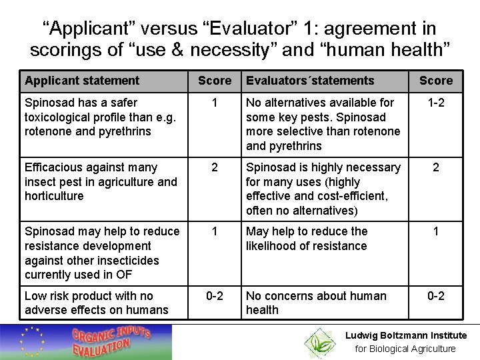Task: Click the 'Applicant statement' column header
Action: coord(82,81)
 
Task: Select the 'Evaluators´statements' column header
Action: coord(310,81)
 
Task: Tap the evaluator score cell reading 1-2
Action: coord(435,103)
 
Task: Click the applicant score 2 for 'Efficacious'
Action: coord(214,168)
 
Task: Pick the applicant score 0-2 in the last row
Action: coord(214,296)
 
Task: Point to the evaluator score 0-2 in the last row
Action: coord(435,296)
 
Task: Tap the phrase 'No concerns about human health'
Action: coord(315,303)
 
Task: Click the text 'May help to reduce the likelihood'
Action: coord(306,238)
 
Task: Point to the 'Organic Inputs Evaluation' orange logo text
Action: coord(111,341)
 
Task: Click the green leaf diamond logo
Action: coord(320,342)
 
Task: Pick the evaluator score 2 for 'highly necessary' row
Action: coord(435,168)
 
